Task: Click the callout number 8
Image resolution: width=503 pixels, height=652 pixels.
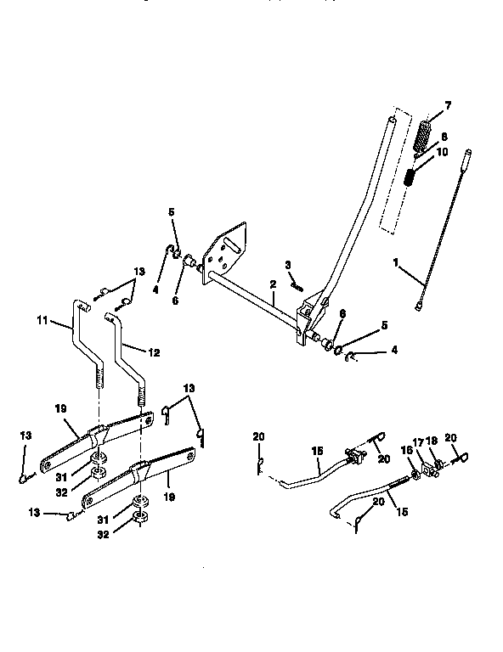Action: point(444,136)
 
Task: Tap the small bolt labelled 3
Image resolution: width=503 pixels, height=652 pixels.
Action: point(297,286)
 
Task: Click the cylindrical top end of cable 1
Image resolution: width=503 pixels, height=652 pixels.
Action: point(466,159)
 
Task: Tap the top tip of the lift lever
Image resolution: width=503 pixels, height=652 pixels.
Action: point(391,121)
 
